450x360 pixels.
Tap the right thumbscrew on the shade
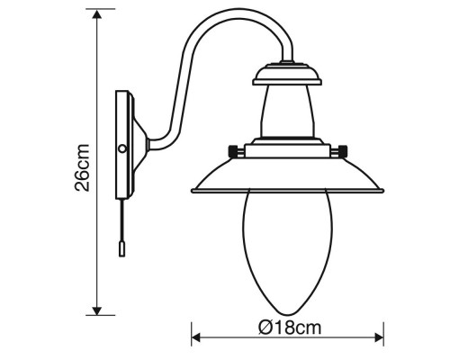[x=342, y=148]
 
